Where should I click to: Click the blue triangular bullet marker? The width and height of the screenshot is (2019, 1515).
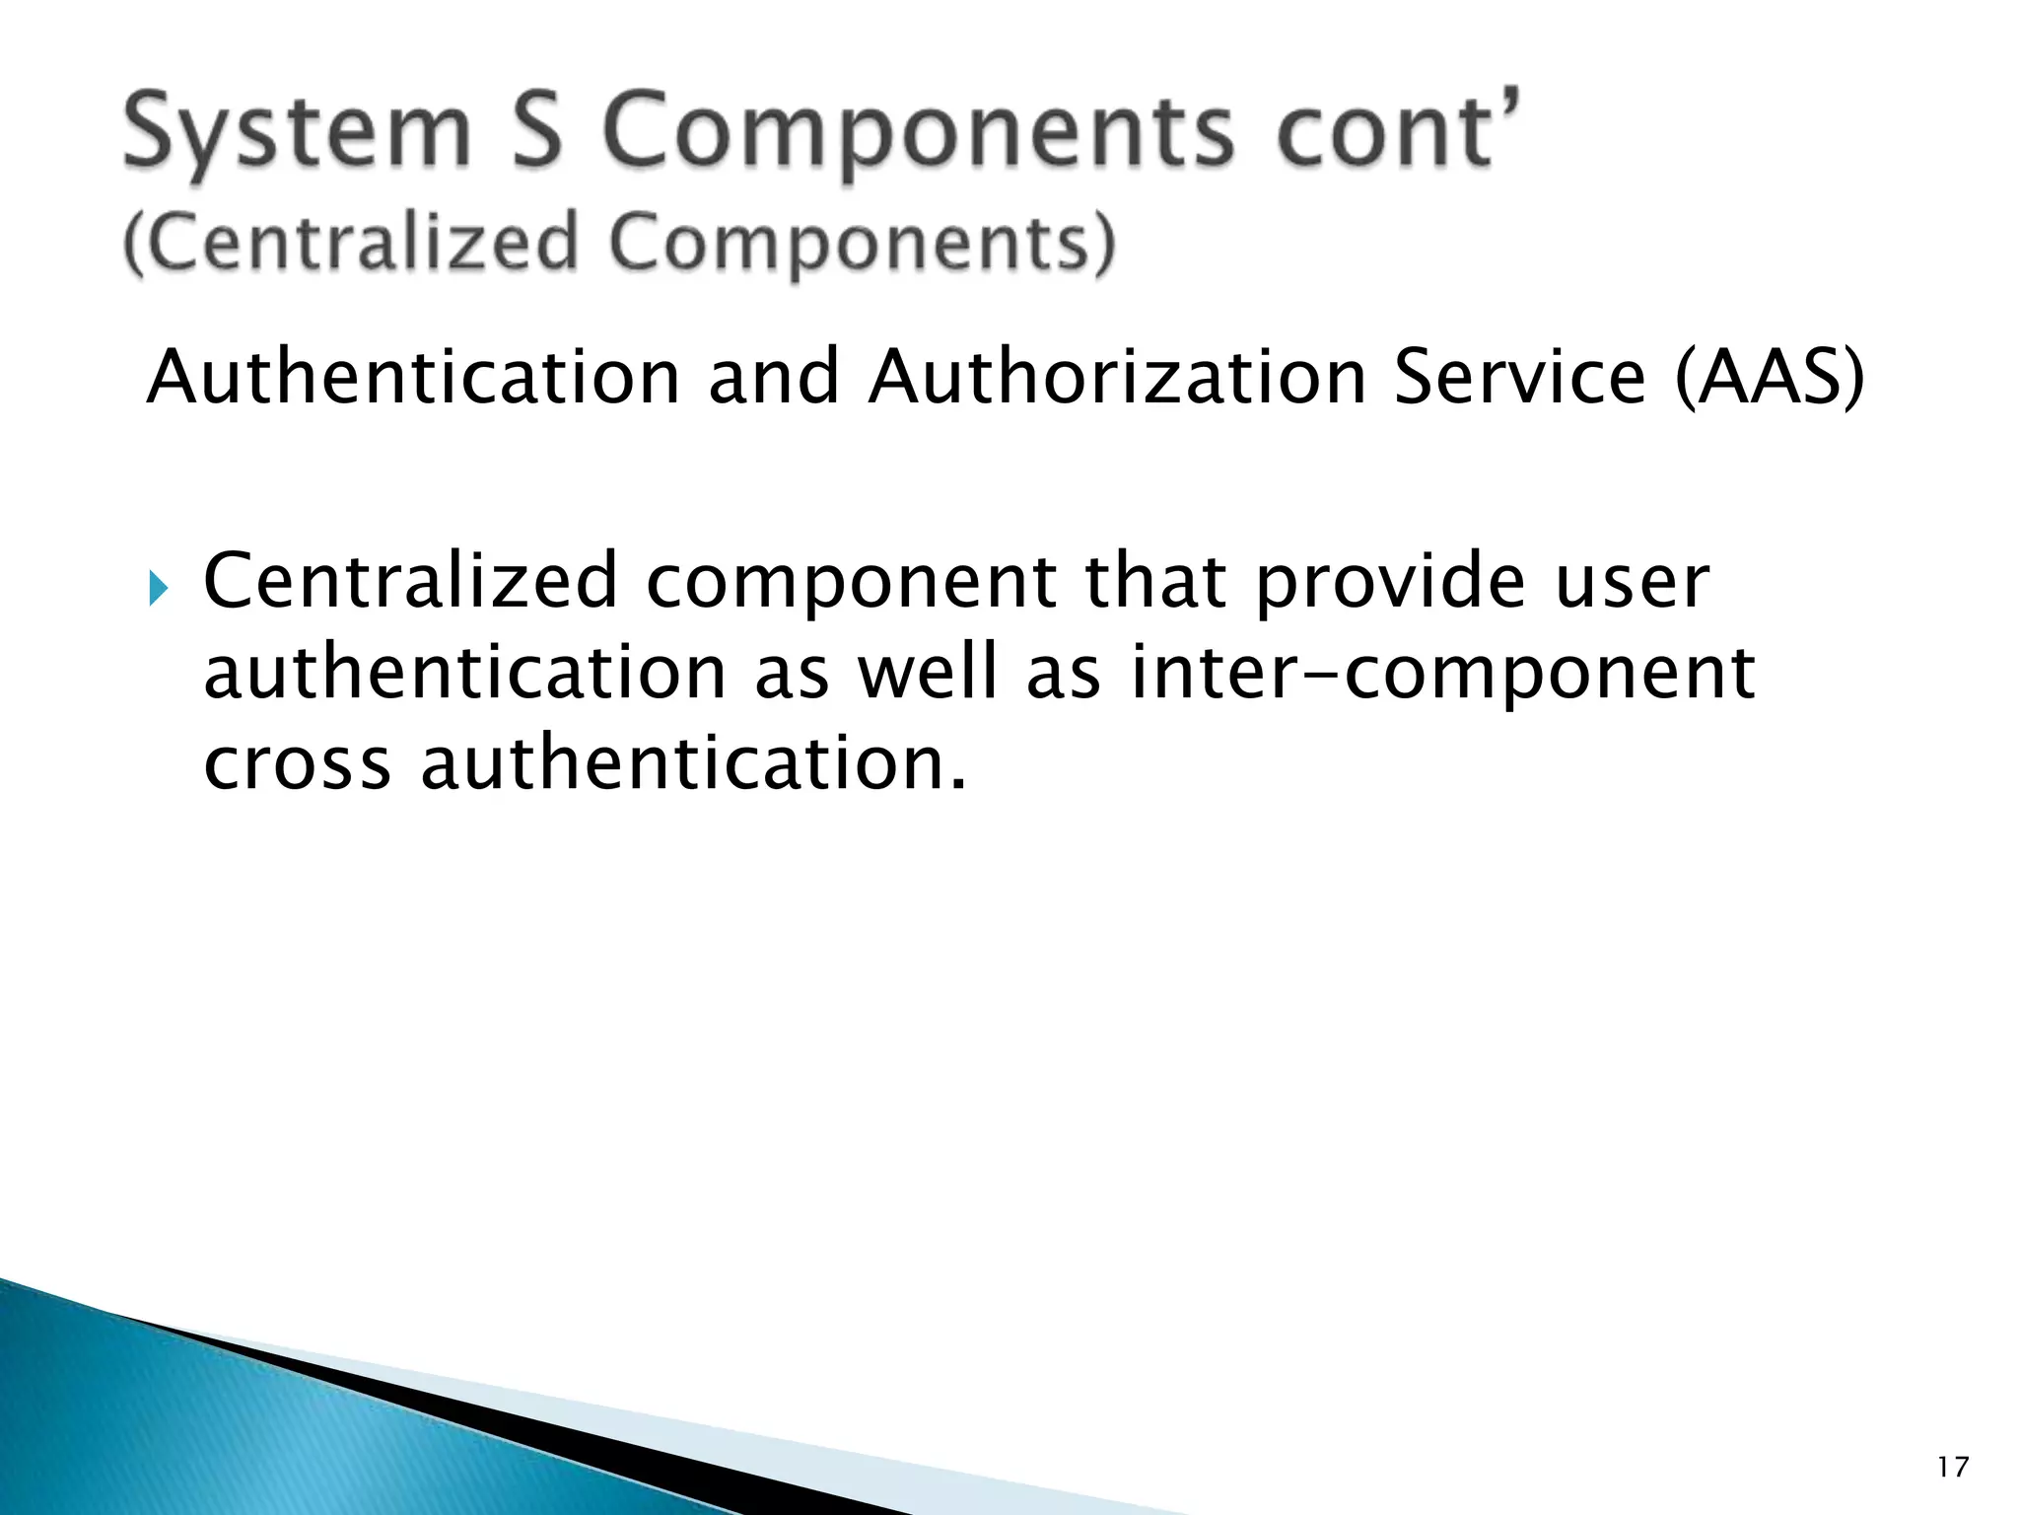pos(159,590)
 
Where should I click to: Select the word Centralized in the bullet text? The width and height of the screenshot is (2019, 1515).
pos(410,581)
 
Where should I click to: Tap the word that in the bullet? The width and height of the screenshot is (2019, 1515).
pos(1156,581)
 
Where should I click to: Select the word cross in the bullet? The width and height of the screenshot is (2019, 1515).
pos(298,765)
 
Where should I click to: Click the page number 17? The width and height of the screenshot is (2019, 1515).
pos(1952,1468)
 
